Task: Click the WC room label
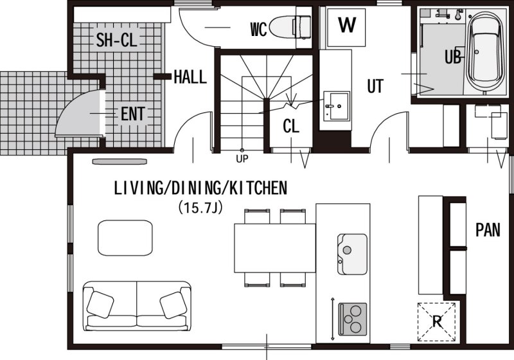click(x=259, y=30)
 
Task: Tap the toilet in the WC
click(x=290, y=27)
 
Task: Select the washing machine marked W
click(x=346, y=28)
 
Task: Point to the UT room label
click(x=375, y=86)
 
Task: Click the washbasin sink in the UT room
click(x=337, y=106)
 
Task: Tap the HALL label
click(x=190, y=77)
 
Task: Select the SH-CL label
click(x=117, y=40)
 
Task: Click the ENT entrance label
click(x=132, y=114)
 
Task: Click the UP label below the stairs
click(x=242, y=159)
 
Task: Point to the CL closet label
click(x=291, y=126)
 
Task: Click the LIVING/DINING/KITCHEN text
click(x=200, y=188)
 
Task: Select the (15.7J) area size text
click(x=200, y=208)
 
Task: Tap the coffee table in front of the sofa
click(x=125, y=238)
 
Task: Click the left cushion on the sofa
click(x=100, y=305)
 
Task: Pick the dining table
click(x=275, y=248)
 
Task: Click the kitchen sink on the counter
click(x=352, y=254)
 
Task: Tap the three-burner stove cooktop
click(x=352, y=319)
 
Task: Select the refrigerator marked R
click(x=437, y=321)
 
